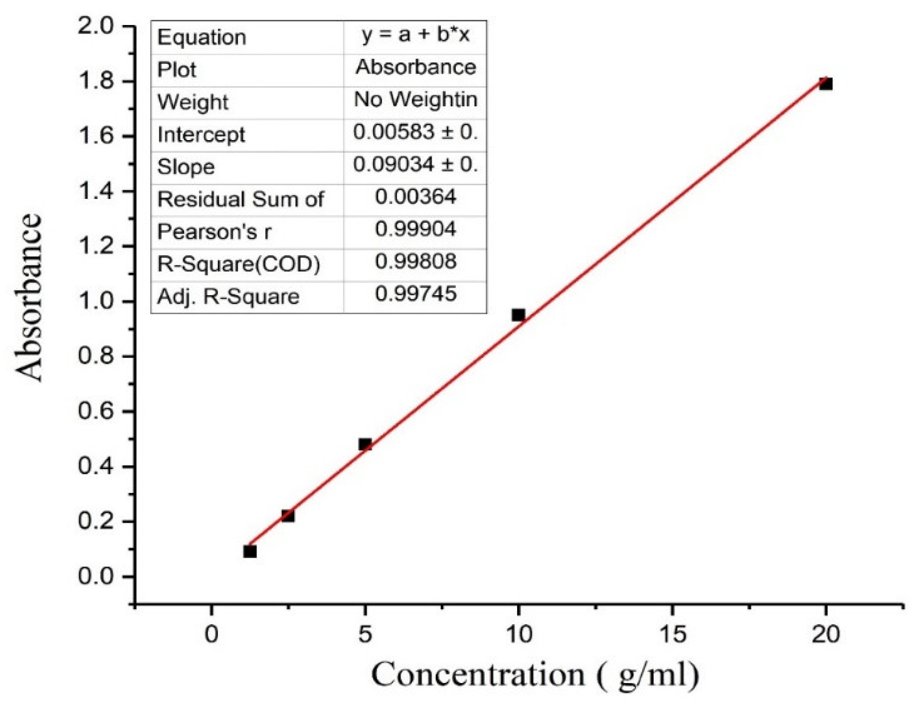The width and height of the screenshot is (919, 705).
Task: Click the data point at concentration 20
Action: coord(825,83)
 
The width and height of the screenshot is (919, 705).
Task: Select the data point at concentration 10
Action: coord(518,315)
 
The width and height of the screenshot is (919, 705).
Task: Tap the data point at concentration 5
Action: coord(365,444)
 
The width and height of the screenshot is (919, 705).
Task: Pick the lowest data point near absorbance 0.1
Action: coord(250,551)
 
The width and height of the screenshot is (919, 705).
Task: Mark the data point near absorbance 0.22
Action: coord(288,516)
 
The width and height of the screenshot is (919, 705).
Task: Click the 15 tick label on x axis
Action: coord(673,634)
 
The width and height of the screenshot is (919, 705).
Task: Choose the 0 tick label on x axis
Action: coord(211,634)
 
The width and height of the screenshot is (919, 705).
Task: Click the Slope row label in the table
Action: coord(186,167)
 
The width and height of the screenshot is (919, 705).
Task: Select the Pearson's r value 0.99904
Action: coord(416,229)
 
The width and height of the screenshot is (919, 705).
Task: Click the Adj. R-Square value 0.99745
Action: coord(416,293)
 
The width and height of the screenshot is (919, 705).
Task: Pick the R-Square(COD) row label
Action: coord(239,264)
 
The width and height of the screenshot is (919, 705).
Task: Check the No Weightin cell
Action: coord(416,99)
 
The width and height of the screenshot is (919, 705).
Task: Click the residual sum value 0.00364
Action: coord(416,196)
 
